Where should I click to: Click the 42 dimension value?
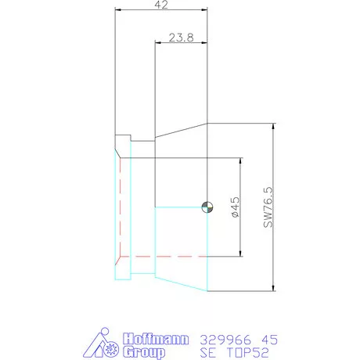click(x=161, y=5)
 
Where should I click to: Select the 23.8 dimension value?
click(x=182, y=38)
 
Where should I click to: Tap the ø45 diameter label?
click(x=235, y=207)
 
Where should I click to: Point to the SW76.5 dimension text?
click(x=268, y=207)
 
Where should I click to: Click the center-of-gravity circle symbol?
click(x=207, y=207)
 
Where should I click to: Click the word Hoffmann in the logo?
click(x=156, y=339)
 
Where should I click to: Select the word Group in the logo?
click(x=144, y=352)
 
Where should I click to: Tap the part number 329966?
click(x=225, y=340)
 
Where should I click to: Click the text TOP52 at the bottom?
click(x=247, y=353)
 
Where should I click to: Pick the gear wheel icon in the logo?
click(x=111, y=348)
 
